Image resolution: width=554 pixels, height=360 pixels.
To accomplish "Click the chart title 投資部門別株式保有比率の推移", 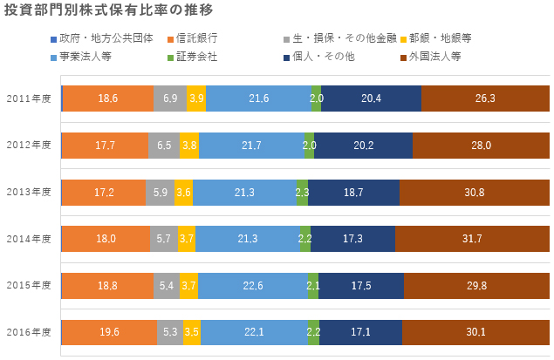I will click(x=108, y=10).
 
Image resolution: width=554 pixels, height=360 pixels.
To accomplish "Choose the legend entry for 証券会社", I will click(x=195, y=57).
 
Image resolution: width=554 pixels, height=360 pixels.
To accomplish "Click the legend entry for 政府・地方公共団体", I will click(x=95, y=38).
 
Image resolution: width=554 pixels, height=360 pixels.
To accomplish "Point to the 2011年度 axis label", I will click(x=29, y=98).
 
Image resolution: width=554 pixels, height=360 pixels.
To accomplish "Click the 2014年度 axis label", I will click(x=29, y=238).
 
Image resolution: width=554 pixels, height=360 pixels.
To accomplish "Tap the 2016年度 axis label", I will click(x=29, y=332).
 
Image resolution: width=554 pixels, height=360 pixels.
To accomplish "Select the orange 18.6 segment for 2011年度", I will click(x=107, y=98).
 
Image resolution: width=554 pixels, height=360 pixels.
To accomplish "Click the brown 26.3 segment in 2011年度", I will click(x=485, y=98).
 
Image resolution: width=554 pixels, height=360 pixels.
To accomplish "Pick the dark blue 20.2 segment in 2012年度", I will click(x=362, y=146).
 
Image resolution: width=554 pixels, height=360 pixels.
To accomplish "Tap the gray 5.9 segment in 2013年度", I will click(x=160, y=192).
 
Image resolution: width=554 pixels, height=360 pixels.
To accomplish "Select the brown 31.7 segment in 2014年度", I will click(x=472, y=238).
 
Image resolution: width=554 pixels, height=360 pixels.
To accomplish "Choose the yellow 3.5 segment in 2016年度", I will click(x=191, y=332).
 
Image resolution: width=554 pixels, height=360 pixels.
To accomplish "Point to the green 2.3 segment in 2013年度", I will click(x=302, y=192).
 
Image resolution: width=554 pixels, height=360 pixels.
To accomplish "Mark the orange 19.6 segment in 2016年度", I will click(x=110, y=332).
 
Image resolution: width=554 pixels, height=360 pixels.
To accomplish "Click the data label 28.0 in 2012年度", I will click(x=482, y=146).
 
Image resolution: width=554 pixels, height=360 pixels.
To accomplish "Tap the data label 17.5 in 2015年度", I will click(x=360, y=285).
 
